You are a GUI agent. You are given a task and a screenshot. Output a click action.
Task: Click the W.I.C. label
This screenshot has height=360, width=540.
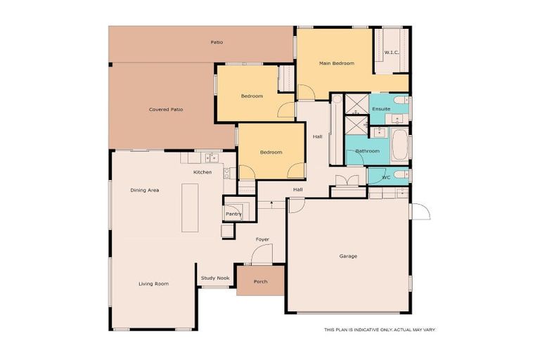tap(392, 53)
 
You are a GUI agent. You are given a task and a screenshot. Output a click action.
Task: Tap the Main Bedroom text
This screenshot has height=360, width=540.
tap(336, 63)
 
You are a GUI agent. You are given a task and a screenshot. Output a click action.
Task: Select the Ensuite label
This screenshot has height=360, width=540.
tap(381, 109)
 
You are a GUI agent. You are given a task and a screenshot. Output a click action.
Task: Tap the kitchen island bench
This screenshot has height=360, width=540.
tap(191, 207)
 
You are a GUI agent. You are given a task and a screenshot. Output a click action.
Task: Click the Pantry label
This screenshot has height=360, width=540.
tap(233, 214)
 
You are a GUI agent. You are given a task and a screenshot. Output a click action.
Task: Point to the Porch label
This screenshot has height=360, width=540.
tap(260, 281)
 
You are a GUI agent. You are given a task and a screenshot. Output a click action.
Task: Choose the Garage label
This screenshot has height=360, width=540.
tap(348, 256)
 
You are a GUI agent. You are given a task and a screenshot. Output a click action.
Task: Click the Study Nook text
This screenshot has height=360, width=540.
tap(215, 278)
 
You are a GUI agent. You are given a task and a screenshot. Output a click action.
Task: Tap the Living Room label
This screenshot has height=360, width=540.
tap(153, 283)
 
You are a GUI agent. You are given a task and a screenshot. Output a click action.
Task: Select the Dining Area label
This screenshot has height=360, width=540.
tap(144, 190)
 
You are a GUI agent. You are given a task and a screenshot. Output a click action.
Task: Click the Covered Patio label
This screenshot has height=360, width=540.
tap(166, 110)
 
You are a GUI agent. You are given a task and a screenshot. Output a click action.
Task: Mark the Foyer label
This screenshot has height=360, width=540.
tap(262, 239)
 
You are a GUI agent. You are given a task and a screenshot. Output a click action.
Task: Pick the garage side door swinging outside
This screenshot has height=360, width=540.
tap(420, 211)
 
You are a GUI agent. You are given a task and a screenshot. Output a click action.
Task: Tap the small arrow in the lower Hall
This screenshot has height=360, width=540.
tap(271, 202)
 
